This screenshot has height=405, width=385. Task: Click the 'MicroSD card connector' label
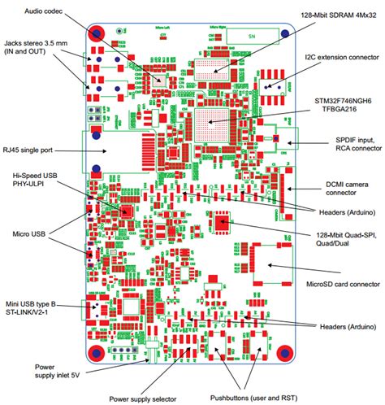pyautogui.click(x=340, y=284)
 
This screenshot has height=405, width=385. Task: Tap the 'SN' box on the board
pyautogui.click(x=252, y=37)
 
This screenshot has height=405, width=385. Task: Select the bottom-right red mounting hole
pyautogui.click(x=285, y=352)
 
